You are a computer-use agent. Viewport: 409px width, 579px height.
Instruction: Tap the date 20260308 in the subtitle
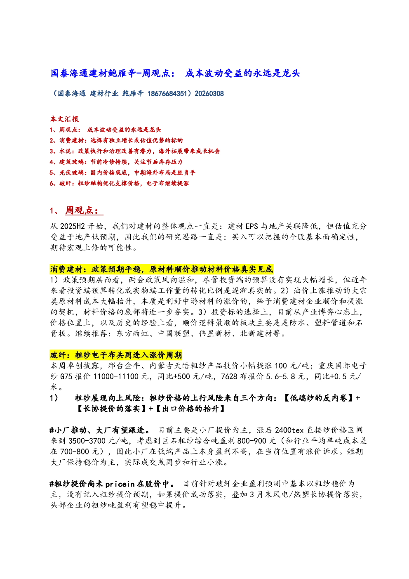(x=209, y=93)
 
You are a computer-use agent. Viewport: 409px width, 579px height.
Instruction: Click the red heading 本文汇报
(x=64, y=119)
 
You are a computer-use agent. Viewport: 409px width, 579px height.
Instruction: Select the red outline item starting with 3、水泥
(x=135, y=151)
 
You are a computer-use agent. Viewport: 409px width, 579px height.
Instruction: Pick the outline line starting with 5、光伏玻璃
(x=122, y=173)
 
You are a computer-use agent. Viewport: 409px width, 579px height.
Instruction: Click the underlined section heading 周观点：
(x=84, y=210)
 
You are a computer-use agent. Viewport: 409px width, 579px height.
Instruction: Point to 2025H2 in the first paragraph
(x=72, y=226)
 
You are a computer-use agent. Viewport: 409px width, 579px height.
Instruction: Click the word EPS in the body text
(x=252, y=226)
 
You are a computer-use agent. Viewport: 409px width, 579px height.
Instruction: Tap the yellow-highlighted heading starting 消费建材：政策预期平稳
(x=161, y=269)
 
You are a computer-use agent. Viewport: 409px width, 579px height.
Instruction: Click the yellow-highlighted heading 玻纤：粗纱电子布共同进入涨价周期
(x=116, y=355)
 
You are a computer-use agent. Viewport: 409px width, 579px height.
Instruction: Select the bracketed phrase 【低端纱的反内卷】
(x=319, y=398)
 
